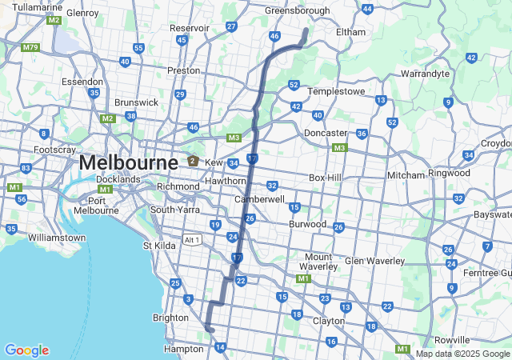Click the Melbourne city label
[128, 162]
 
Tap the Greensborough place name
[297, 10]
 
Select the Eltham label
[350, 31]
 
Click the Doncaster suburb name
[326, 132]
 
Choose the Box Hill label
[326, 178]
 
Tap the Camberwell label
[259, 198]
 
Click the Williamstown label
[56, 238]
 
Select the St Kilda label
[159, 245]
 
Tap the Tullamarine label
[38, 7]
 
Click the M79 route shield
[30, 47]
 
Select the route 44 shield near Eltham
[367, 9]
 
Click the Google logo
[26, 350]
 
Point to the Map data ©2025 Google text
[462, 354]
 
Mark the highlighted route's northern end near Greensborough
[306, 30]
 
